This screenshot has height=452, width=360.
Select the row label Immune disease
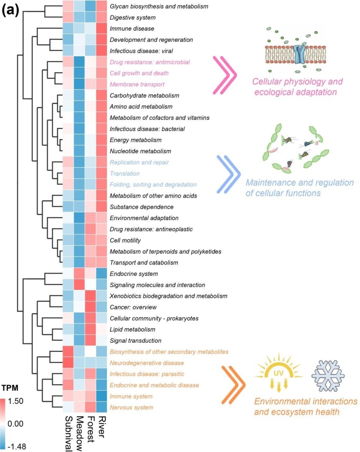pyautogui.click(x=132, y=29)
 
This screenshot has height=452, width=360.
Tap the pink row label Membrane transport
pyautogui.click(x=137, y=84)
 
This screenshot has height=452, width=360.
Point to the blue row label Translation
pyautogui.click(x=125, y=173)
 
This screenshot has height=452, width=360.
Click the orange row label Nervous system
pyautogui.click(x=131, y=407)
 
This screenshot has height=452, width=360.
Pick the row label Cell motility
pyautogui.click(x=125, y=240)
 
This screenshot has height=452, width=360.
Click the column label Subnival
pyautogui.click(x=68, y=434)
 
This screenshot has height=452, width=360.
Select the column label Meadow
pyautogui.click(x=79, y=434)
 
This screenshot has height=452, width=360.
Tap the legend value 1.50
pyautogui.click(x=15, y=401)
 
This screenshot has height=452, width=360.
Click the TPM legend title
pyautogui.click(x=10, y=388)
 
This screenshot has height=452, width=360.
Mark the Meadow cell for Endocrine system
pyautogui.click(x=79, y=274)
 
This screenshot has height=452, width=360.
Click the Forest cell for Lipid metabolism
pyautogui.click(x=90, y=329)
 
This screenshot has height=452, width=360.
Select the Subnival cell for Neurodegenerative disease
pyautogui.click(x=68, y=363)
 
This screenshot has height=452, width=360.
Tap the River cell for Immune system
pyautogui.click(x=102, y=396)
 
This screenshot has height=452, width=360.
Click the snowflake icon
pyautogui.click(x=328, y=376)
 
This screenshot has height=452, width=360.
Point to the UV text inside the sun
pyautogui.click(x=279, y=373)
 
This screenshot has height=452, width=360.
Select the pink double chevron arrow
pyautogui.click(x=225, y=75)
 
